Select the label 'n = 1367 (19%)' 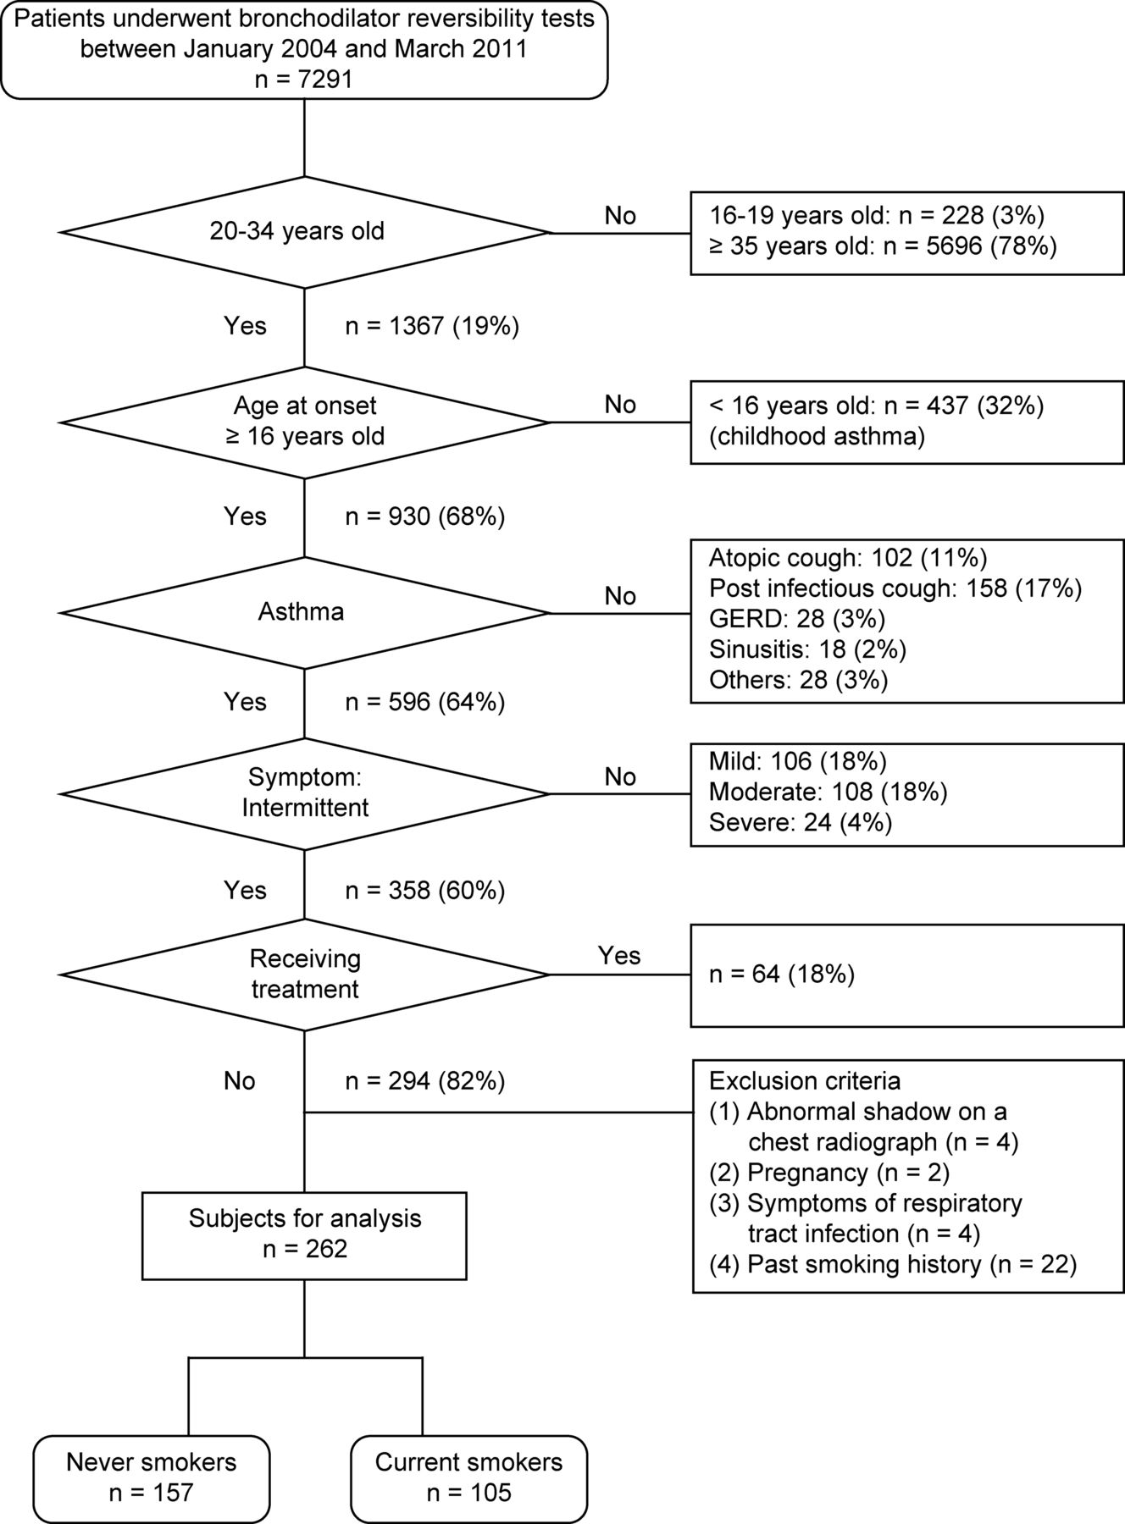432,326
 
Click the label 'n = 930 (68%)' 425,516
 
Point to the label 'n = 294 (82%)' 425,1081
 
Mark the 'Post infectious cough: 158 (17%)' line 895,588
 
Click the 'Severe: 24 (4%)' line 801,822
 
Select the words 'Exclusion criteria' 805,1081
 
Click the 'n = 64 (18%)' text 782,975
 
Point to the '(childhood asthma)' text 817,437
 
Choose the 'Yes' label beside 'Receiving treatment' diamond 619,955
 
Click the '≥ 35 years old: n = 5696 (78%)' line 883,246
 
